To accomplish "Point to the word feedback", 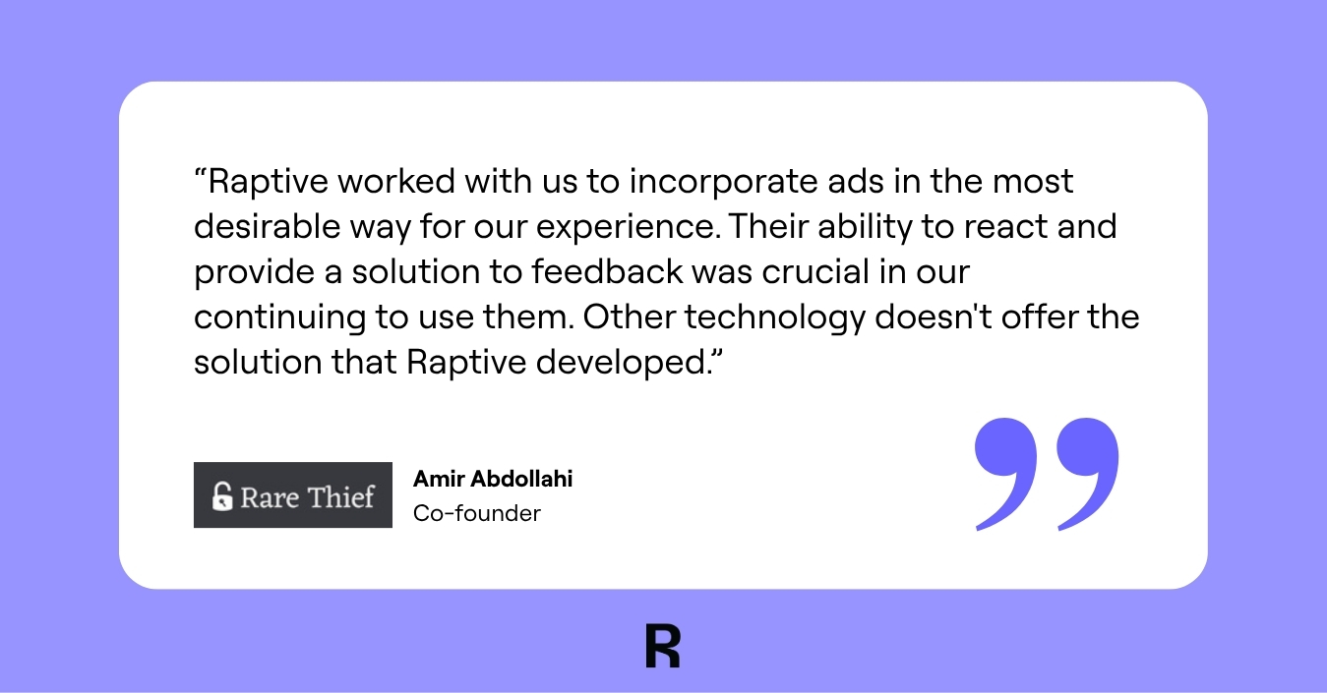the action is (607, 271).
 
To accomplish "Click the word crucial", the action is (815, 271).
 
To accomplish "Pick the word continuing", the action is (279, 318).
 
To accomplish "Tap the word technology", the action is (775, 318).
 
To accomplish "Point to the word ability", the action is (865, 228).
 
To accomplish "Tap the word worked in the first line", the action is (396, 181).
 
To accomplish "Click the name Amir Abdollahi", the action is (493, 479).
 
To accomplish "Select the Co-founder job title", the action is (477, 513).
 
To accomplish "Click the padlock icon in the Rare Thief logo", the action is (222, 496).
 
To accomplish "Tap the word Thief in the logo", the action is (340, 496).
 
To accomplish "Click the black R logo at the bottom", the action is (663, 646).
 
